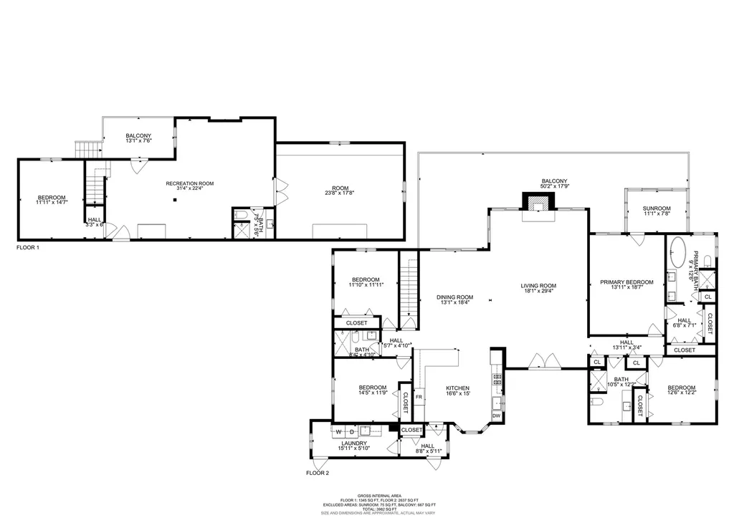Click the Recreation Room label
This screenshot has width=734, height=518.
190,184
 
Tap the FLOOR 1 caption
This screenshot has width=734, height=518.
28,247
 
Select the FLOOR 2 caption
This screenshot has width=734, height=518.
317,474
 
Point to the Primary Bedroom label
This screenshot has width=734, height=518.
626,282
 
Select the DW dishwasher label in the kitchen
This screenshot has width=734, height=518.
496,416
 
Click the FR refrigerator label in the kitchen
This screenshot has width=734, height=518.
419,396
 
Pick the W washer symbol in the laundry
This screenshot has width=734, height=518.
339,432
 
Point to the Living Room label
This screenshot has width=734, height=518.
538,286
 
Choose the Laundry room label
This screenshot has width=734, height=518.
354,443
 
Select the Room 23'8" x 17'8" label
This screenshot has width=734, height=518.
340,188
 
